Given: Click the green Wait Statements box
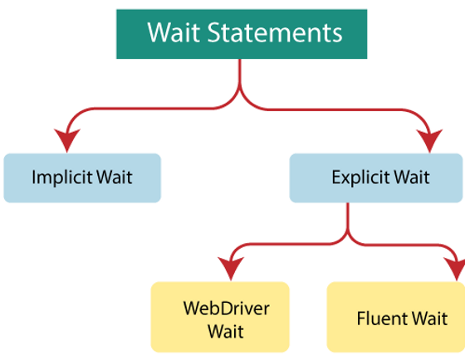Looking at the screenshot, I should click(x=241, y=33).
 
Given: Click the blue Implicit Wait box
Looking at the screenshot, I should click(x=81, y=178).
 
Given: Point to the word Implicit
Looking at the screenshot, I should click(x=60, y=178).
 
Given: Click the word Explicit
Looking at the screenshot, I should click(x=360, y=178).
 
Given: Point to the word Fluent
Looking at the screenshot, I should click(x=378, y=319).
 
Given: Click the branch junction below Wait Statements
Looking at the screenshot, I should click(x=241, y=91).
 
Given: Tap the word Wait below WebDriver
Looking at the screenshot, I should click(x=220, y=331).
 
